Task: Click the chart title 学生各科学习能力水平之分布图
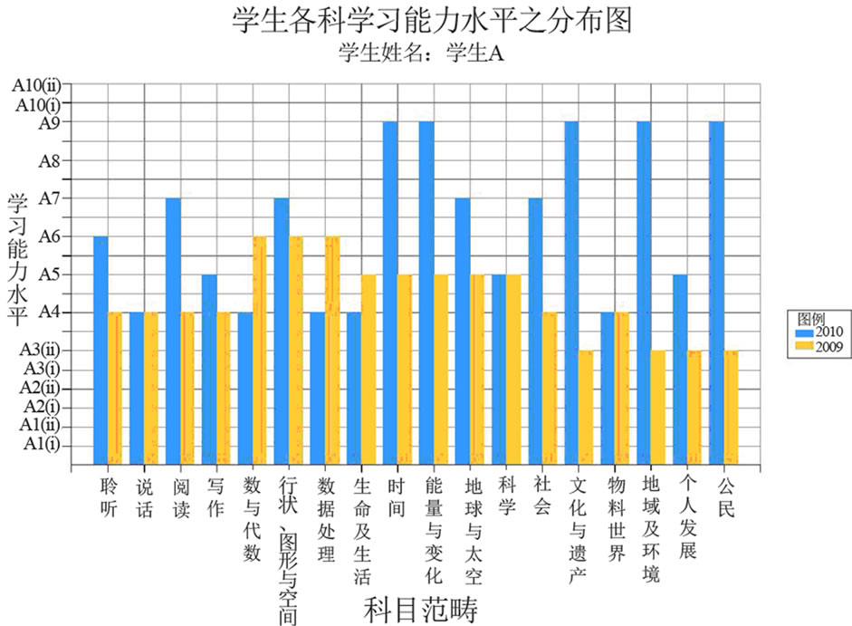(x=430, y=20)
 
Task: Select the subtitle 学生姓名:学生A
(x=419, y=53)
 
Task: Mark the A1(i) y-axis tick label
(x=42, y=444)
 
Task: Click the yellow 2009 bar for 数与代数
(x=260, y=349)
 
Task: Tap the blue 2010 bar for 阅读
(x=173, y=330)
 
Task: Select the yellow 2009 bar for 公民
(x=731, y=406)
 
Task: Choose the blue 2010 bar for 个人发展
(x=680, y=368)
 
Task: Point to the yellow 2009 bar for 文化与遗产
(x=586, y=406)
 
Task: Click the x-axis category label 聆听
(x=109, y=496)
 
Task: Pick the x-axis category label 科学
(x=507, y=496)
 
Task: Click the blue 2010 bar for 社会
(x=535, y=330)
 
